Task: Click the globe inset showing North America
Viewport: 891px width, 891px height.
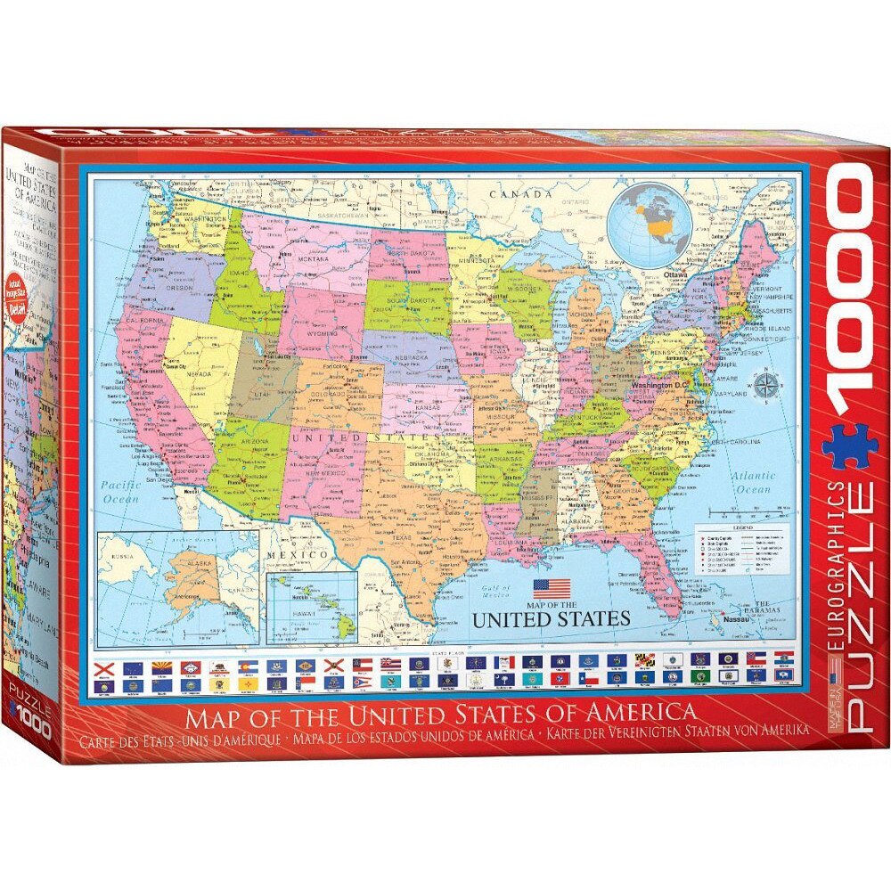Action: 650,224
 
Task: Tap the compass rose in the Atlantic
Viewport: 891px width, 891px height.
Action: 764,386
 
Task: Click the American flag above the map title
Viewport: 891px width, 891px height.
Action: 552,588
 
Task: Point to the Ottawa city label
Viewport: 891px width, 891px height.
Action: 674,275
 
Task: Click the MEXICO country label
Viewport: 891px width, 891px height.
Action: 305,555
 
